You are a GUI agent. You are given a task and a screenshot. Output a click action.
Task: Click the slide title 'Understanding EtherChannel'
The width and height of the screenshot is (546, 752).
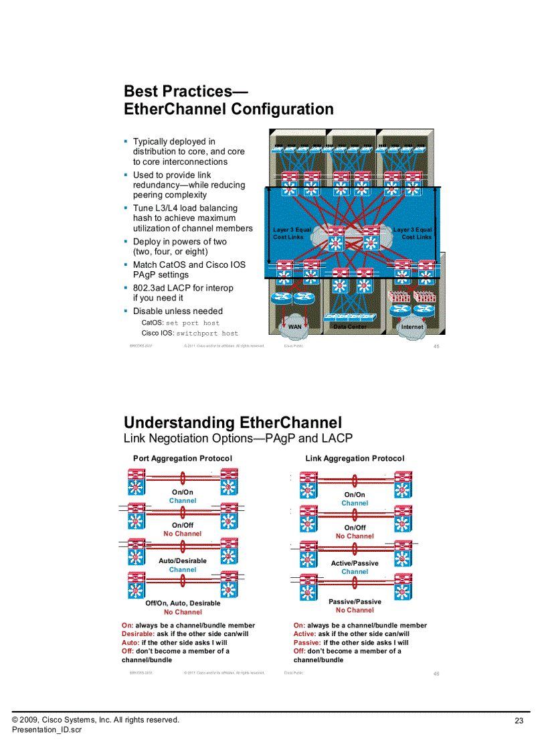pos(233,423)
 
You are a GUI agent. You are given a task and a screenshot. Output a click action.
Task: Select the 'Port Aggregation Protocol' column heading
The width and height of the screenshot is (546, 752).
pos(182,459)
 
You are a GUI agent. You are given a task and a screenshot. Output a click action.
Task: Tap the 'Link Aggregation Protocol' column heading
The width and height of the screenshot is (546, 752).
pos(355,459)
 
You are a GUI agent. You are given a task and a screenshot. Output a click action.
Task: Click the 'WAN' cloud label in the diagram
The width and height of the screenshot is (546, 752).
pos(294,327)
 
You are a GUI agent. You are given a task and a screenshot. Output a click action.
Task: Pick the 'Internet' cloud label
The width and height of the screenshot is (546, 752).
pos(412,327)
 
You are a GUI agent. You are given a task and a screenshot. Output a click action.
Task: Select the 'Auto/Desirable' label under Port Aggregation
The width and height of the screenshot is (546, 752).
pos(183,561)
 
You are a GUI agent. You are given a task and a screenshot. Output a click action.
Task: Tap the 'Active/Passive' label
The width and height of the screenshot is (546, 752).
pos(355,563)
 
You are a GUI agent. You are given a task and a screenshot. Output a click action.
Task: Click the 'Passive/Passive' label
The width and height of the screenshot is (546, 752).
pos(355,602)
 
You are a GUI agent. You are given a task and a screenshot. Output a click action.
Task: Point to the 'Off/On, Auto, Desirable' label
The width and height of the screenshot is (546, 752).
pos(183,603)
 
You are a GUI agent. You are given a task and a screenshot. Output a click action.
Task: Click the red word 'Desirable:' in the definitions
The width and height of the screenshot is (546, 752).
pos(138,633)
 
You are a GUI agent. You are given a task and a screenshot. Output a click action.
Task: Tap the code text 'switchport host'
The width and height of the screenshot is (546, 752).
pos(207,333)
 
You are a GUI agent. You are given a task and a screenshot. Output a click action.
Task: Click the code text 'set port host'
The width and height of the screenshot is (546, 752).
pos(193,323)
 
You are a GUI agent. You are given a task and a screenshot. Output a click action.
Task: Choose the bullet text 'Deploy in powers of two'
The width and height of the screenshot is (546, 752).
pos(179,242)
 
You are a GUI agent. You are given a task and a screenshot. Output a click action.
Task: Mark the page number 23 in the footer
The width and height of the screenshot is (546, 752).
pos(519,721)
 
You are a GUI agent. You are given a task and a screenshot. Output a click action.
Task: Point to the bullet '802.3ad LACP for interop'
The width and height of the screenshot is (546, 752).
pos(183,288)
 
